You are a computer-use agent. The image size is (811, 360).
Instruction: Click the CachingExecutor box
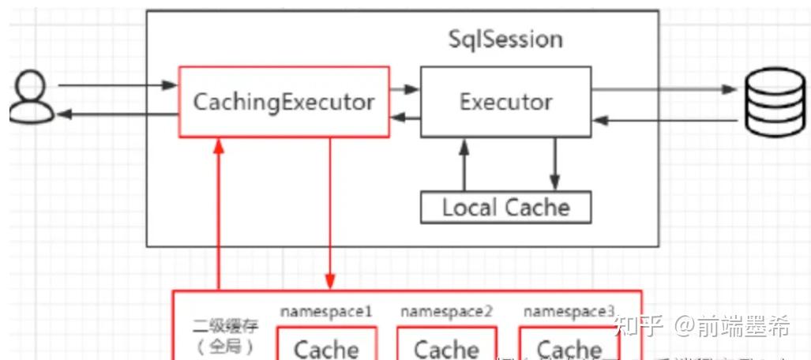[x=284, y=102]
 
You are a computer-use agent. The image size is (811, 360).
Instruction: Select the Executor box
[x=505, y=102]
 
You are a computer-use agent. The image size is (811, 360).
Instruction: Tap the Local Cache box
[x=505, y=208]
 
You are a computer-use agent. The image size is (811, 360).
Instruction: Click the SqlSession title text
[x=505, y=39]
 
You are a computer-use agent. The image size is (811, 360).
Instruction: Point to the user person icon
[x=32, y=97]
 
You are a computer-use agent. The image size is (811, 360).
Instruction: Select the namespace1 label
[x=326, y=311]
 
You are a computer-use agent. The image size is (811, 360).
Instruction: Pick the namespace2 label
[x=446, y=311]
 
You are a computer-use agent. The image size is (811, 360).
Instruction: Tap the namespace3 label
[x=569, y=311]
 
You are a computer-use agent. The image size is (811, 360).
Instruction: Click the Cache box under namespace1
[x=326, y=348]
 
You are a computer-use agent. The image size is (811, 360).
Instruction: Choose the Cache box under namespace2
[x=446, y=348]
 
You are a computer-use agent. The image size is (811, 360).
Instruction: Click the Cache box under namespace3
[x=569, y=348]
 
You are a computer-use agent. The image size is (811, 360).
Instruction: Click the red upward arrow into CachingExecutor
[x=219, y=213]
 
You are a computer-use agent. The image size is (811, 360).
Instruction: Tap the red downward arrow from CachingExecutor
[x=330, y=213]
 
